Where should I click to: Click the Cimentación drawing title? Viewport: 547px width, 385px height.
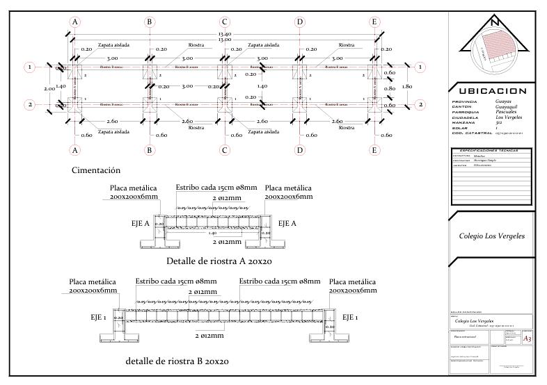pyautogui.click(x=96, y=170)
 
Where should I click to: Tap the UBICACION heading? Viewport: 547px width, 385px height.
pyautogui.click(x=492, y=91)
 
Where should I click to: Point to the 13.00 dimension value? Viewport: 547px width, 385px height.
pyautogui.click(x=225, y=40)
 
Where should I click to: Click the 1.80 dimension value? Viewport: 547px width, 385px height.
pyautogui.click(x=408, y=86)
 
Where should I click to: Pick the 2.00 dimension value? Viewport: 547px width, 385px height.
pyautogui.click(x=48, y=89)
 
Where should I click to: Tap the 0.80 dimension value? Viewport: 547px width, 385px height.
pyautogui.click(x=390, y=88)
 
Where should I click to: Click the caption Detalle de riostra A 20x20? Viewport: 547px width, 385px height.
pyautogui.click(x=219, y=261)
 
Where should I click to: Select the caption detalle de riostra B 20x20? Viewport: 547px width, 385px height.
pyautogui.click(x=177, y=361)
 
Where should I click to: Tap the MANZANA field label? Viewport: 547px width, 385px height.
pyautogui.click(x=464, y=122)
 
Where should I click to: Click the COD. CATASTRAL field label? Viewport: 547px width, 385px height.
pyautogui.click(x=470, y=133)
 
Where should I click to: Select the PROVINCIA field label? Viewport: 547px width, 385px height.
pyautogui.click(x=466, y=101)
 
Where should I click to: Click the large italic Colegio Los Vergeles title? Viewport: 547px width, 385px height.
pyautogui.click(x=492, y=236)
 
